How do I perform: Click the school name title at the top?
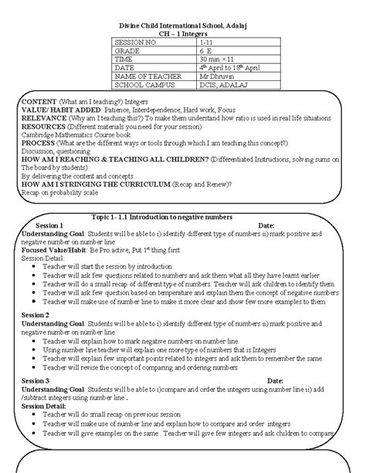183,16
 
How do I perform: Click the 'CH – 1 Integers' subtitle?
183,26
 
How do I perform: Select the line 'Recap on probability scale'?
63,194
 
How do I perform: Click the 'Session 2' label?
37,316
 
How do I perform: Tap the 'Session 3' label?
37,380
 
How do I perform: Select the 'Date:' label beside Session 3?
275,380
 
